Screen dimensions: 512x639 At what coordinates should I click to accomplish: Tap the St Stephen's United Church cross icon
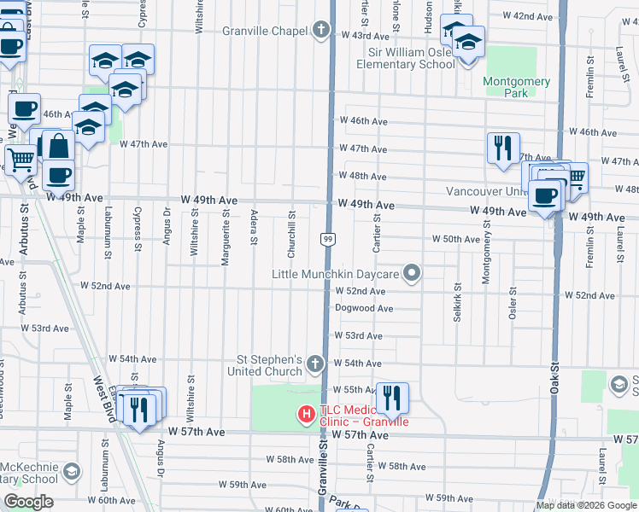click(315, 365)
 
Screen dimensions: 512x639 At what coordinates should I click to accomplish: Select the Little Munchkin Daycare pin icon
click(413, 274)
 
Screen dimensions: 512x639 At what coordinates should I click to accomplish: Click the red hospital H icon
click(306, 415)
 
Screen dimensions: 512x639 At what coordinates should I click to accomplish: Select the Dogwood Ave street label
click(364, 308)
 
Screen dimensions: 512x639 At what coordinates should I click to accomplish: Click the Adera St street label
click(254, 227)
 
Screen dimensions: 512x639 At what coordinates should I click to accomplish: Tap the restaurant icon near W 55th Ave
click(392, 399)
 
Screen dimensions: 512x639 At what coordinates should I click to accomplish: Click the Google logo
click(28, 502)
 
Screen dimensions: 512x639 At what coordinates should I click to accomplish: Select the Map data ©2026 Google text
click(587, 505)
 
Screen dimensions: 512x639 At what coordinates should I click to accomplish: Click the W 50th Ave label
click(456, 240)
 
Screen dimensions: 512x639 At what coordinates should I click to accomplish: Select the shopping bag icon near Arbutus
click(59, 147)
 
